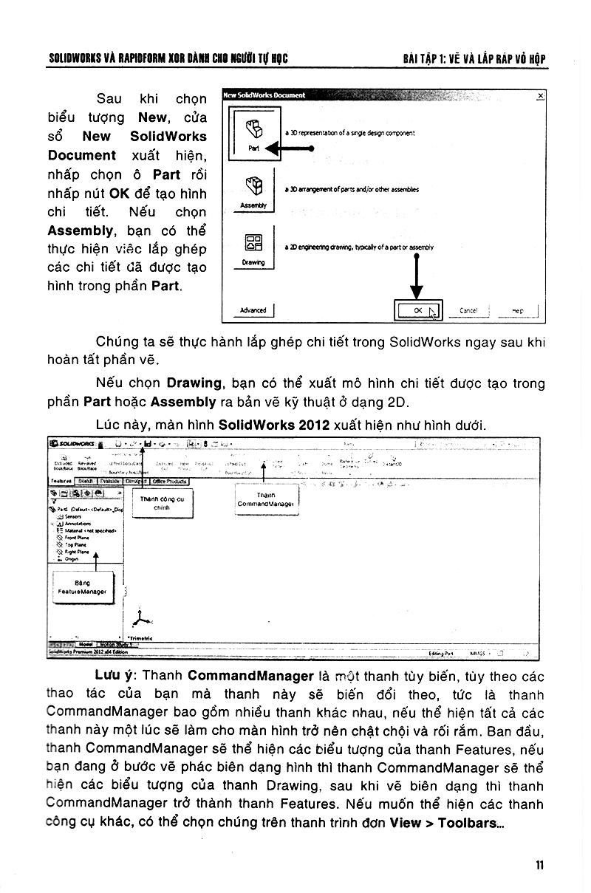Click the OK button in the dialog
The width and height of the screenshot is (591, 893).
(418, 311)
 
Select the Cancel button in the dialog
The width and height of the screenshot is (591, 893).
(468, 311)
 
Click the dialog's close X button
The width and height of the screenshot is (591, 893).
(540, 95)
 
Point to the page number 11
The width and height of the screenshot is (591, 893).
(540, 866)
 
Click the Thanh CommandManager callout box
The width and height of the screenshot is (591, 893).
(266, 499)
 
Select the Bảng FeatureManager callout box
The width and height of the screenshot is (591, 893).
(82, 587)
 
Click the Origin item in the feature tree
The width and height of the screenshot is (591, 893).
(71, 559)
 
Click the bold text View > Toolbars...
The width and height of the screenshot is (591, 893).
(446, 823)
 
